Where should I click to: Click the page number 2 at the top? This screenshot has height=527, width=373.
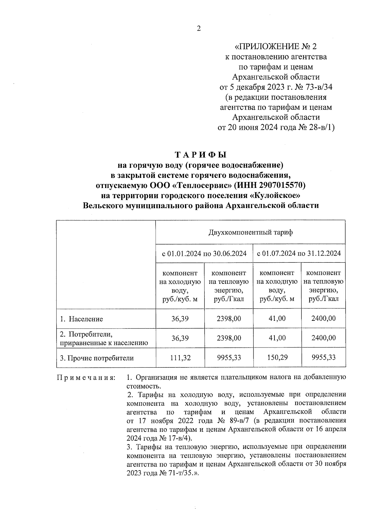tap(199, 29)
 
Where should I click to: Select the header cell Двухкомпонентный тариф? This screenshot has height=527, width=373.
tap(250, 232)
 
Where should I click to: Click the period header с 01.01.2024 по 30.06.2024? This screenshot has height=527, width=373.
tap(204, 253)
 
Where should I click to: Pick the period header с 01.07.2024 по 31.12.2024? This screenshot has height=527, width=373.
tap(299, 253)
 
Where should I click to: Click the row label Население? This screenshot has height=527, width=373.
tap(86, 319)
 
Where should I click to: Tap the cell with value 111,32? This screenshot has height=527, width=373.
tap(180, 358)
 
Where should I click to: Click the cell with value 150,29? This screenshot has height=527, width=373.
tap(277, 357)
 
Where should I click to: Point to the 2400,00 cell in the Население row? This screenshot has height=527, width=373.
tap(323, 318)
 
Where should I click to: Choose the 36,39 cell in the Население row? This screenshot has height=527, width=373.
tap(180, 319)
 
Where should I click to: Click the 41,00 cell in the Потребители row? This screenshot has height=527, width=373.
tap(277, 338)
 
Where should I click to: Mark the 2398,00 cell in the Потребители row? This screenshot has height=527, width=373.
tap(229, 338)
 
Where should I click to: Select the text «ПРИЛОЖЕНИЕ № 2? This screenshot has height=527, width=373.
tap(276, 47)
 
